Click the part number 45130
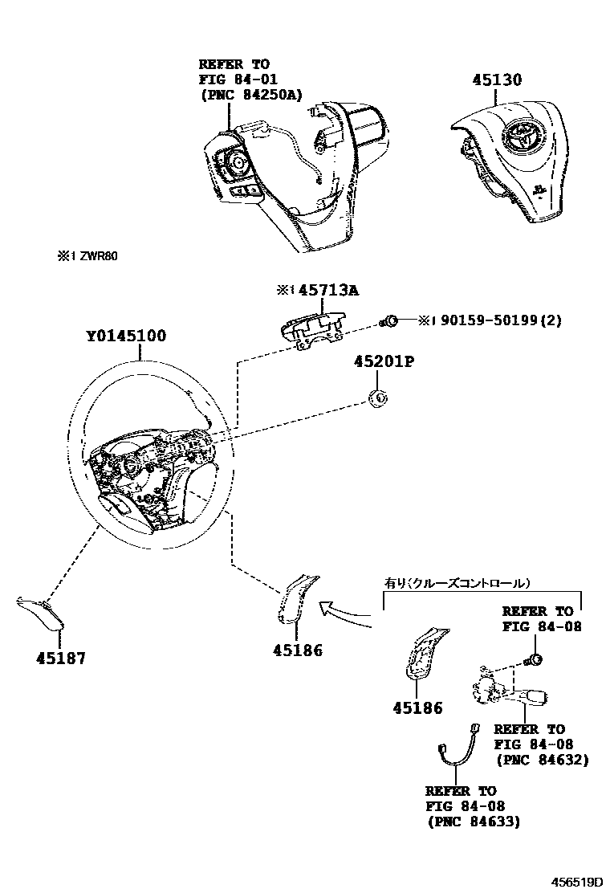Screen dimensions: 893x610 pos(497,80)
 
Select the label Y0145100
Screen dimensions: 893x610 pos(126,336)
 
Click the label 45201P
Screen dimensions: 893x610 pos(384,362)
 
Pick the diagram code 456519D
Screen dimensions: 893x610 pos(575,882)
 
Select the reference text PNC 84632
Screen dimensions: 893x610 pos(542,760)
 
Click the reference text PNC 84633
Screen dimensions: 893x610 pos(473,822)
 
